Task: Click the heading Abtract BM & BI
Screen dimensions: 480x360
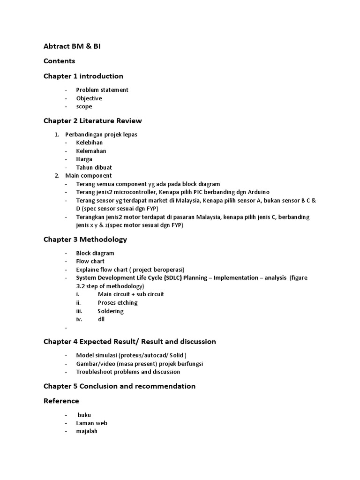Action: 72,46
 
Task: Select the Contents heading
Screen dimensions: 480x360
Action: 59,61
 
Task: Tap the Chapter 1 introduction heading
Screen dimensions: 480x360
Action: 83,76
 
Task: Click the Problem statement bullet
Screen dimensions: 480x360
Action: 102,90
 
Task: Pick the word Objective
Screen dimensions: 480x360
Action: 89,98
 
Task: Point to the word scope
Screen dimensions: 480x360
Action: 84,106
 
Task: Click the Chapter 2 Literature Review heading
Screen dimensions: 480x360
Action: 93,121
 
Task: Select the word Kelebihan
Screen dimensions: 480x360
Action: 90,142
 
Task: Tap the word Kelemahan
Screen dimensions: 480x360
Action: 91,151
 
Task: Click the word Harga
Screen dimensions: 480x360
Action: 84,159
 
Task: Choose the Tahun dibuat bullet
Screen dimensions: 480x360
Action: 94,167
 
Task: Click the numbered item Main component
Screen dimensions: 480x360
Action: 89,176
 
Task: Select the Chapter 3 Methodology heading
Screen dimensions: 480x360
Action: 85,239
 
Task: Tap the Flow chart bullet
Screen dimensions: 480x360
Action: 90,261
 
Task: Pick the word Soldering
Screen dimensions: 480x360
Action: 111,311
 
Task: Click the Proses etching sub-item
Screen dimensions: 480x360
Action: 118,303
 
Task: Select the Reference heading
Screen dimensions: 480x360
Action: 61,401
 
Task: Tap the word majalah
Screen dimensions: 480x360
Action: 87,431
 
